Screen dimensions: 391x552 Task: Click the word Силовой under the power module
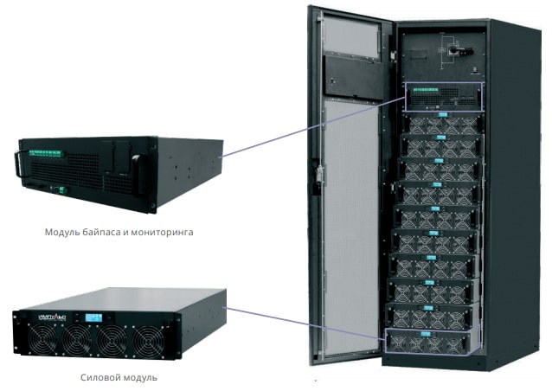[x=95, y=377]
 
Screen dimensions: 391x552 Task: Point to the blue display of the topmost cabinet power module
[x=441, y=113]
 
